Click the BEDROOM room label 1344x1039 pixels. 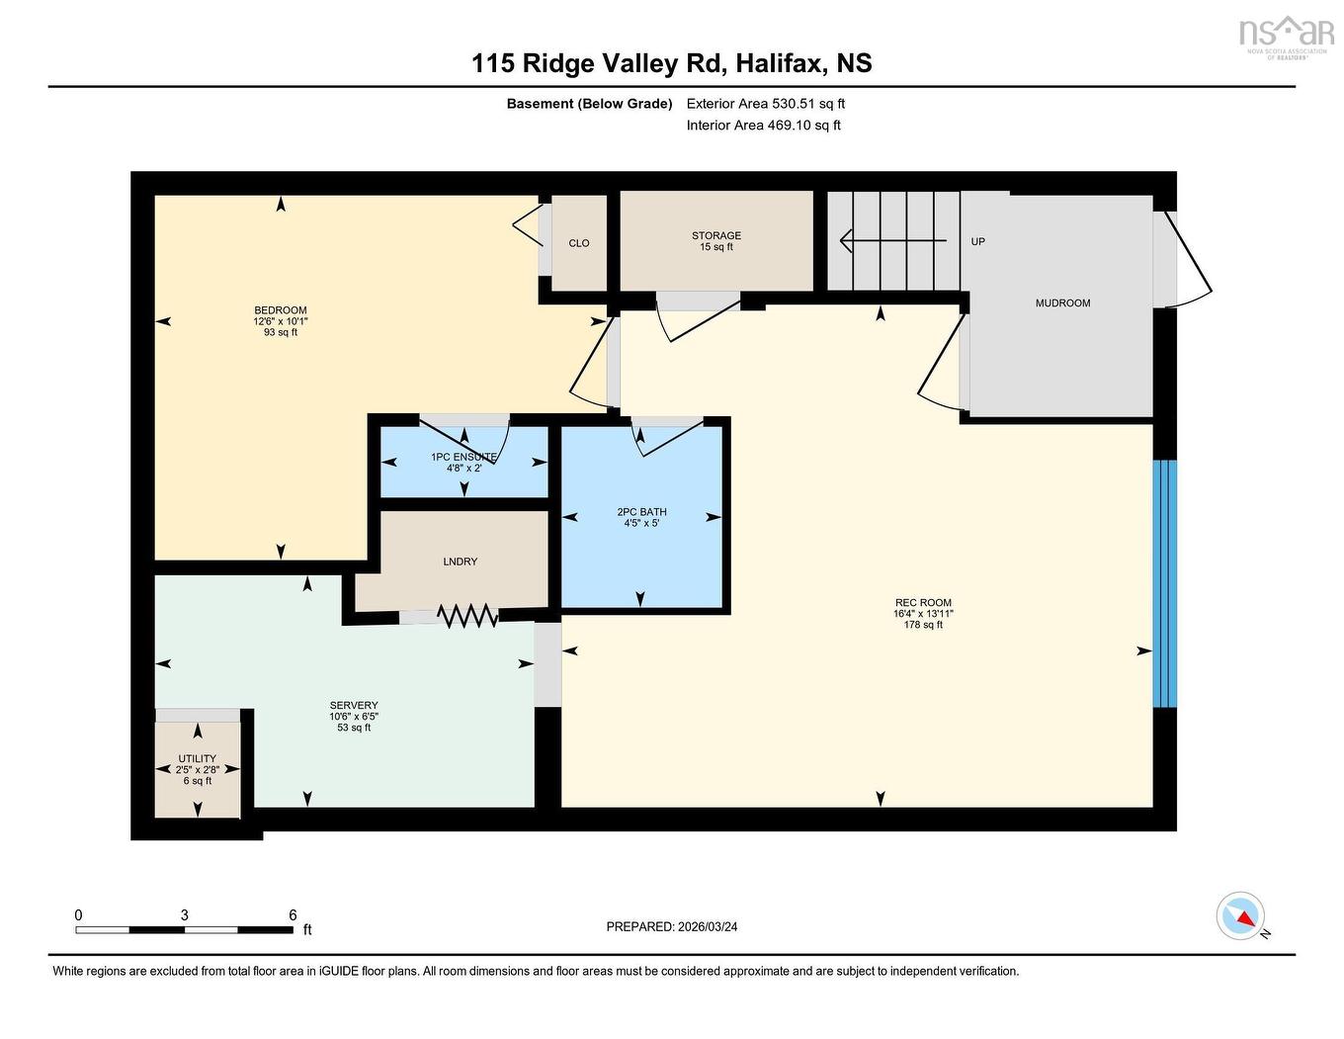click(281, 310)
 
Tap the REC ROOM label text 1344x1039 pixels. click(923, 603)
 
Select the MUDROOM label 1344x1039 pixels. click(1062, 303)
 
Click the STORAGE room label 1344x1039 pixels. click(716, 236)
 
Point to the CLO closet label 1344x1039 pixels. click(579, 243)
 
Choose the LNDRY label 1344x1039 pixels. click(461, 562)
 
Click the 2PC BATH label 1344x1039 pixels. click(641, 512)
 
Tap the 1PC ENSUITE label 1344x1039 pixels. click(463, 457)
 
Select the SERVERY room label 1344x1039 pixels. click(354, 706)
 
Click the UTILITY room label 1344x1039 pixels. click(198, 759)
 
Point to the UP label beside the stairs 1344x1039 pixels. click(977, 241)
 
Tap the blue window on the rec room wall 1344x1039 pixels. click(1165, 583)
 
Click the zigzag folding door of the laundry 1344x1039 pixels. click(467, 616)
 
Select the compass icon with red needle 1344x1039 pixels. click(1241, 916)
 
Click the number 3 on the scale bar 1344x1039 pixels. click(185, 915)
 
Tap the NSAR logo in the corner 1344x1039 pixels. click(1286, 34)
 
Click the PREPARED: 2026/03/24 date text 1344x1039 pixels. click(672, 927)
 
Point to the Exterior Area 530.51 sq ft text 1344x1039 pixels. click(766, 104)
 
